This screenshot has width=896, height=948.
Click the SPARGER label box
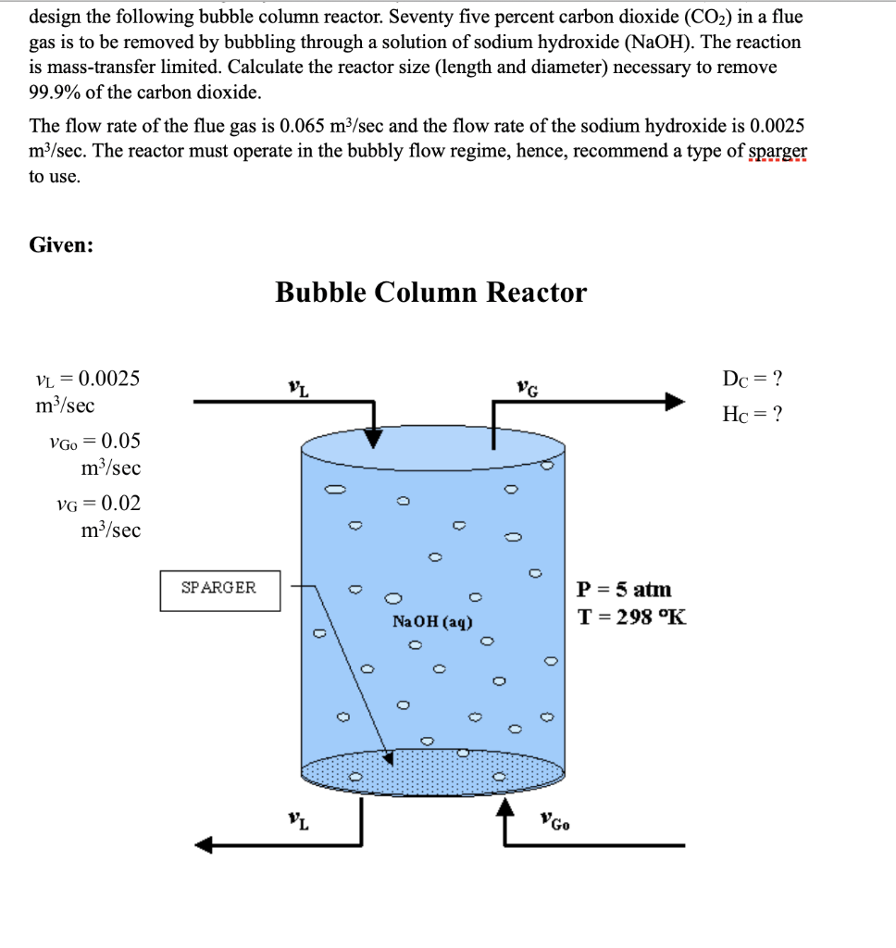tap(219, 590)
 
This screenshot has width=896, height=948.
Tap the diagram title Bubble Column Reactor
tap(430, 293)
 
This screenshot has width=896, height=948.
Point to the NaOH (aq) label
tap(433, 622)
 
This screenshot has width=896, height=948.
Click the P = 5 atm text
tap(625, 590)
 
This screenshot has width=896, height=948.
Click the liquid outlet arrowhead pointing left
tap(206, 844)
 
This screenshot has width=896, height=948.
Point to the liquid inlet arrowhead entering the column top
tap(373, 437)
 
